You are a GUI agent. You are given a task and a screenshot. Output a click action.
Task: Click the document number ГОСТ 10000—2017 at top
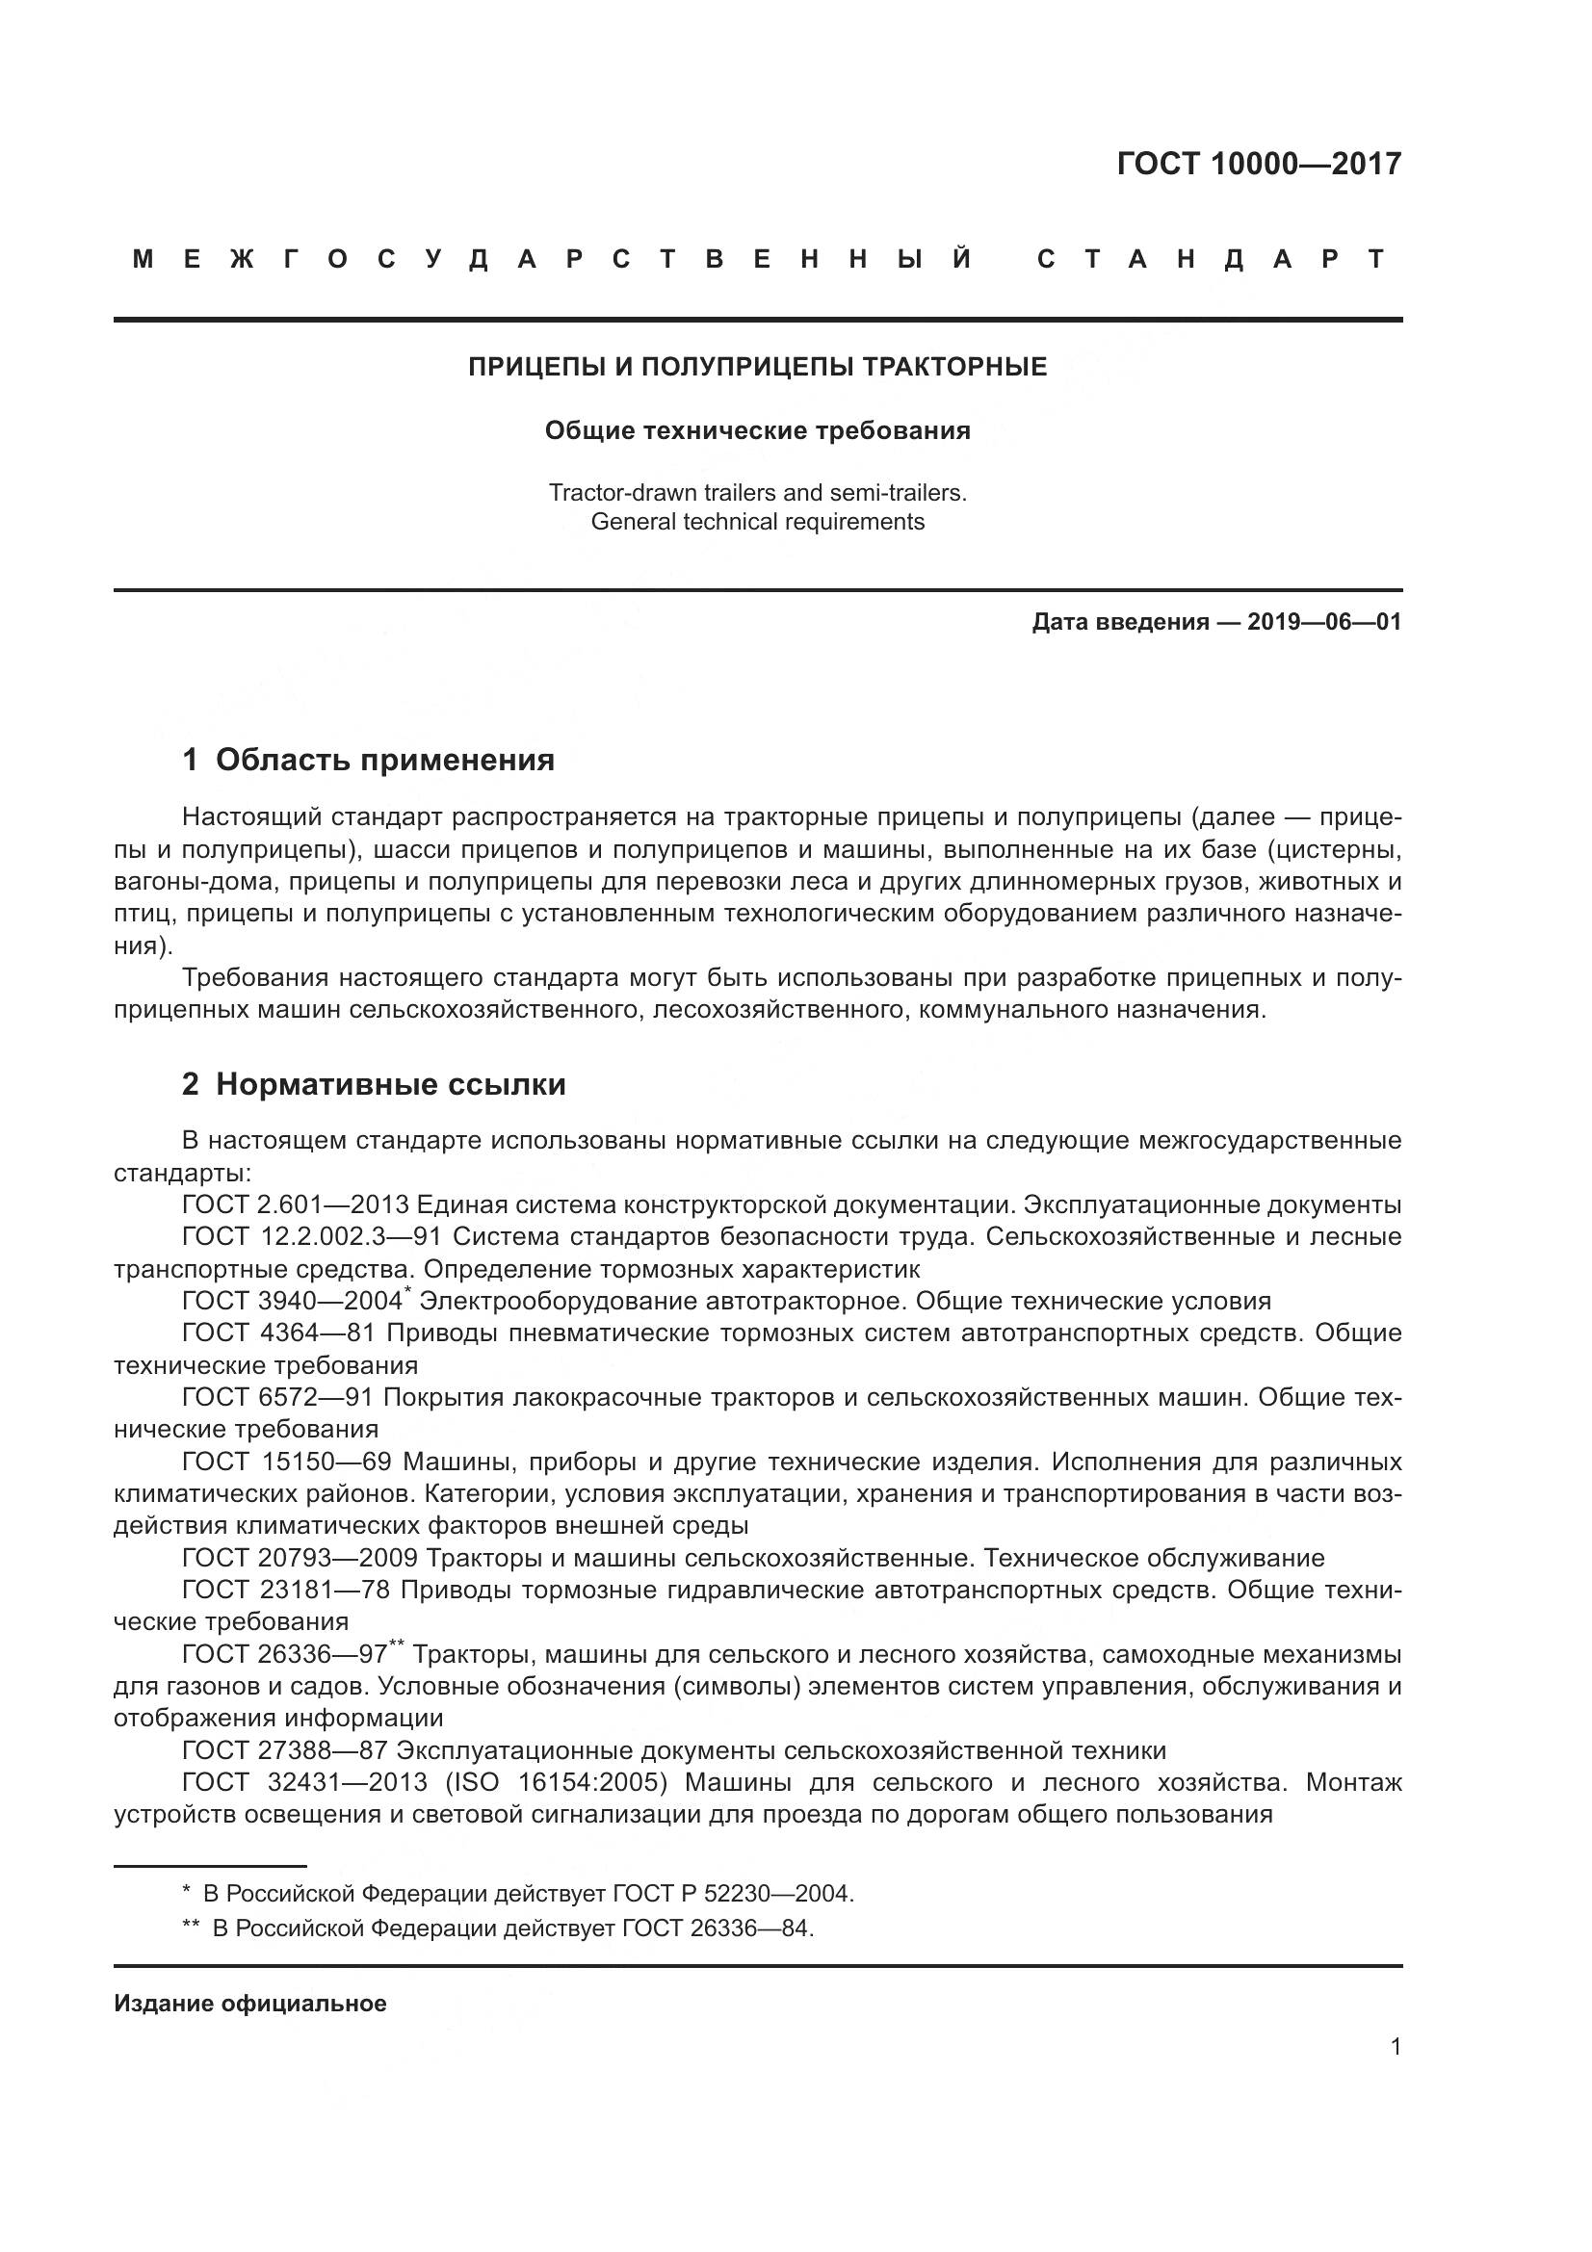point(1259,164)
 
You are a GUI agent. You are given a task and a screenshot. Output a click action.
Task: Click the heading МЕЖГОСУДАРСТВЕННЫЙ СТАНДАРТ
point(758,260)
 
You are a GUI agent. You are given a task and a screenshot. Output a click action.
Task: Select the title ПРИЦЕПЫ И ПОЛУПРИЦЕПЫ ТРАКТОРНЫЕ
point(757,367)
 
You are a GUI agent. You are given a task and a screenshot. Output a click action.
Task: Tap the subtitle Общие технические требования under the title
point(757,430)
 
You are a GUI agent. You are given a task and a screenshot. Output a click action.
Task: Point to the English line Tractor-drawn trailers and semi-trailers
point(757,492)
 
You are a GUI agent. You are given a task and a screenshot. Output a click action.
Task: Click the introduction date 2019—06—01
point(1323,622)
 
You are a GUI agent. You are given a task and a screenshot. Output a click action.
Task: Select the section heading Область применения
point(384,761)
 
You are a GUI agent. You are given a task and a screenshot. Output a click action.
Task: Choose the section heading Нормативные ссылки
point(390,1085)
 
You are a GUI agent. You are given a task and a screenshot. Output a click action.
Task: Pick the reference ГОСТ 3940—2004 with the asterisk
point(293,1302)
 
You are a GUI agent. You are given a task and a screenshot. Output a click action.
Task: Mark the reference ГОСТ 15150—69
point(286,1463)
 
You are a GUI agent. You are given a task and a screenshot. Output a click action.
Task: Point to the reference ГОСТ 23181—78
point(286,1591)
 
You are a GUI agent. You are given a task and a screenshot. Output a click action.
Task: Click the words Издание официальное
point(250,2004)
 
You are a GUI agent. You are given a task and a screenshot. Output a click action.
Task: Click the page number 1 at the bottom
point(1396,2047)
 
